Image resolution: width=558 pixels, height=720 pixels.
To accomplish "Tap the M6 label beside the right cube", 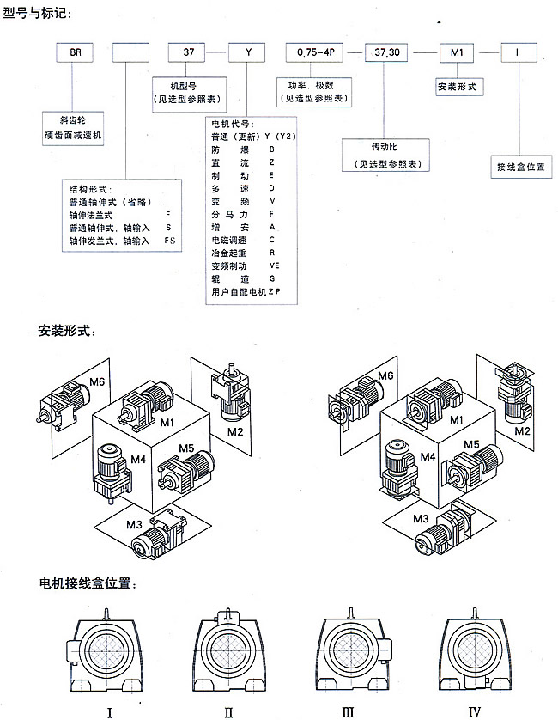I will tap(385, 375).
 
